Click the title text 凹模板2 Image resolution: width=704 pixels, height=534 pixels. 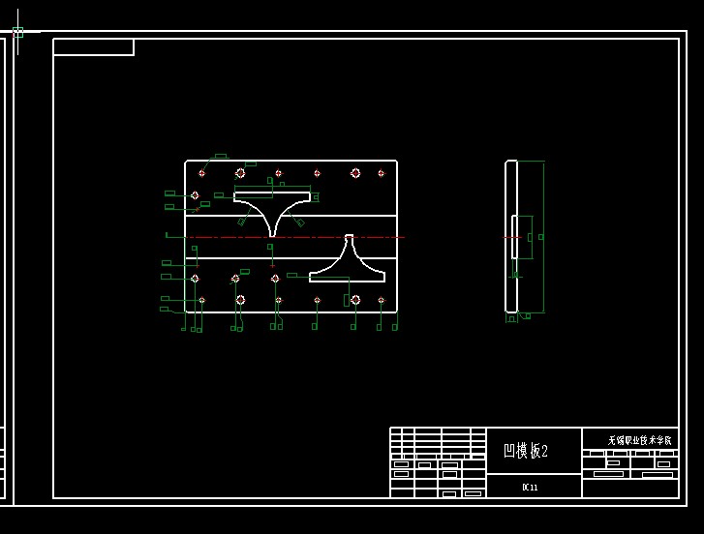(526, 451)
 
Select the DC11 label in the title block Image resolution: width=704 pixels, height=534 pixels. (530, 487)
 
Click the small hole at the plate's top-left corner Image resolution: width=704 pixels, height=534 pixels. (201, 173)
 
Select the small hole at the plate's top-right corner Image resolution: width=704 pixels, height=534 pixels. (381, 173)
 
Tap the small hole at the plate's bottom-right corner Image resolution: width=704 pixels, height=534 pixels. (381, 300)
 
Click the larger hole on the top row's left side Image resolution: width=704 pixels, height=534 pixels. (240, 173)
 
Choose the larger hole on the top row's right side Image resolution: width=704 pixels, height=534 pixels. (355, 173)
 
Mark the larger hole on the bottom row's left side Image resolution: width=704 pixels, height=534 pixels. (240, 300)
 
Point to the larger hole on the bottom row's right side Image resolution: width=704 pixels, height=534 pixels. (355, 300)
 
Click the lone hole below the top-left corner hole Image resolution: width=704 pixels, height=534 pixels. (195, 195)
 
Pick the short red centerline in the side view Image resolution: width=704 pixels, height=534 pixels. (509, 237)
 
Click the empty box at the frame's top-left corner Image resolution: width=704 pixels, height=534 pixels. (93, 47)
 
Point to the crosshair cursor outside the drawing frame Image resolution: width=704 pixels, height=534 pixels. (17, 32)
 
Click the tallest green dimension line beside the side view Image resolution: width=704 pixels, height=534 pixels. (543, 237)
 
